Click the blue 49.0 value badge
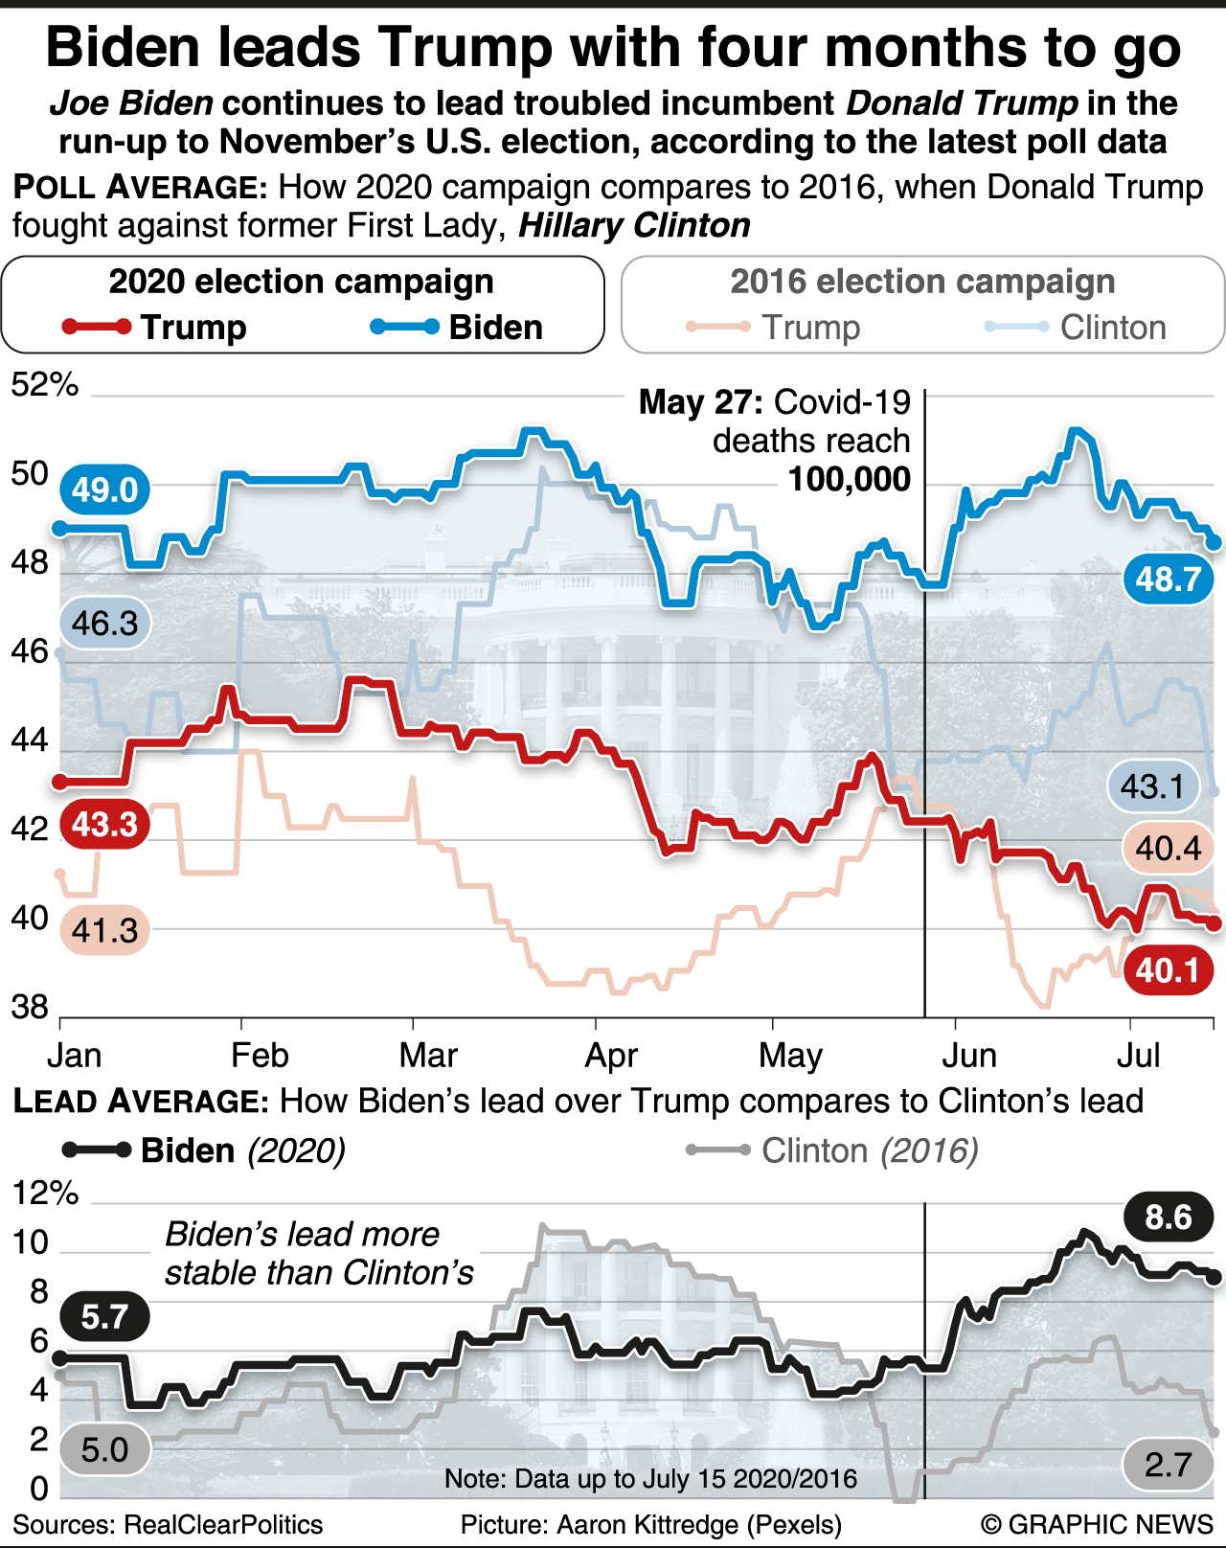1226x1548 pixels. (105, 489)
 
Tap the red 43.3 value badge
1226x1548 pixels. (104, 824)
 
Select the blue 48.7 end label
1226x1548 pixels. (1168, 579)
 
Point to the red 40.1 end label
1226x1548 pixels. (1168, 970)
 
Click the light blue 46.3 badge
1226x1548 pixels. (104, 624)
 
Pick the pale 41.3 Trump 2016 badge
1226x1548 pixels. (104, 929)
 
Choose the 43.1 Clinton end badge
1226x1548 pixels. (1153, 786)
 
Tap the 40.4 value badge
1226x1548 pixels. (1168, 848)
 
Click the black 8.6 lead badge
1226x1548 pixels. (1168, 1218)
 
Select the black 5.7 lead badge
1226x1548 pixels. (104, 1316)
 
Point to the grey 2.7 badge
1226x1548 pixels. (1168, 1464)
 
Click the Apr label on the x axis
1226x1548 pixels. (611, 1056)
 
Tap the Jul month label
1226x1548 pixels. (1139, 1056)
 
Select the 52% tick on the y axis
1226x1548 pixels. (44, 385)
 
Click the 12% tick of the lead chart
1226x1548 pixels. (44, 1193)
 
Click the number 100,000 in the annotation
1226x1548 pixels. (849, 479)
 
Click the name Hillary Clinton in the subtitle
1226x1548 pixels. (634, 226)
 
